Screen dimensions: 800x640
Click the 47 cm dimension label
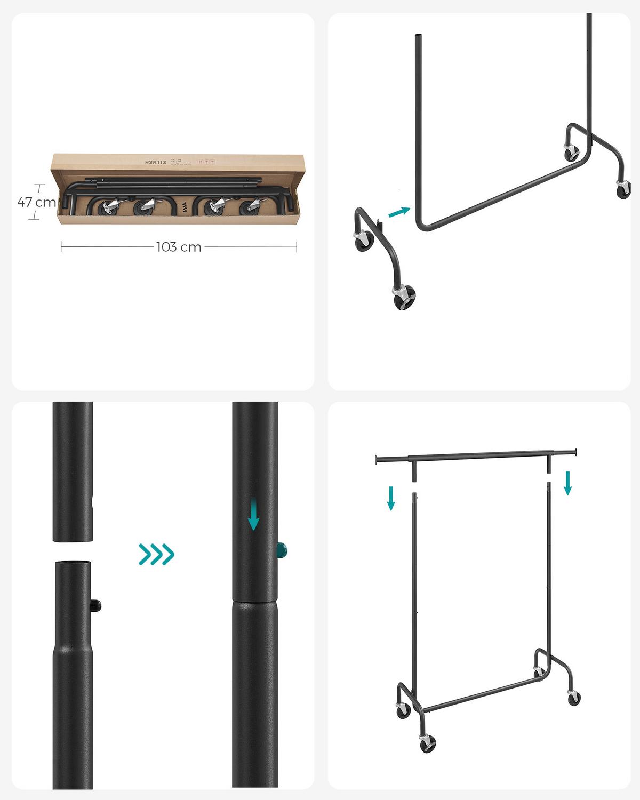36,202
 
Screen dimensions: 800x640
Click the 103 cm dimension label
179,247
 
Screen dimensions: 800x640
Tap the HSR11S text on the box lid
156,162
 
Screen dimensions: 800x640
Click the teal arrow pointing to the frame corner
399,212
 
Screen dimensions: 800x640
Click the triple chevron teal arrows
156,554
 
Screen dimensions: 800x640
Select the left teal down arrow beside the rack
391,498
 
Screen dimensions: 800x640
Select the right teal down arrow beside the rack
567,483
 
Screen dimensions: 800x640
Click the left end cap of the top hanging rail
377,459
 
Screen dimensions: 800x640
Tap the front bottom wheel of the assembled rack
427,743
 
